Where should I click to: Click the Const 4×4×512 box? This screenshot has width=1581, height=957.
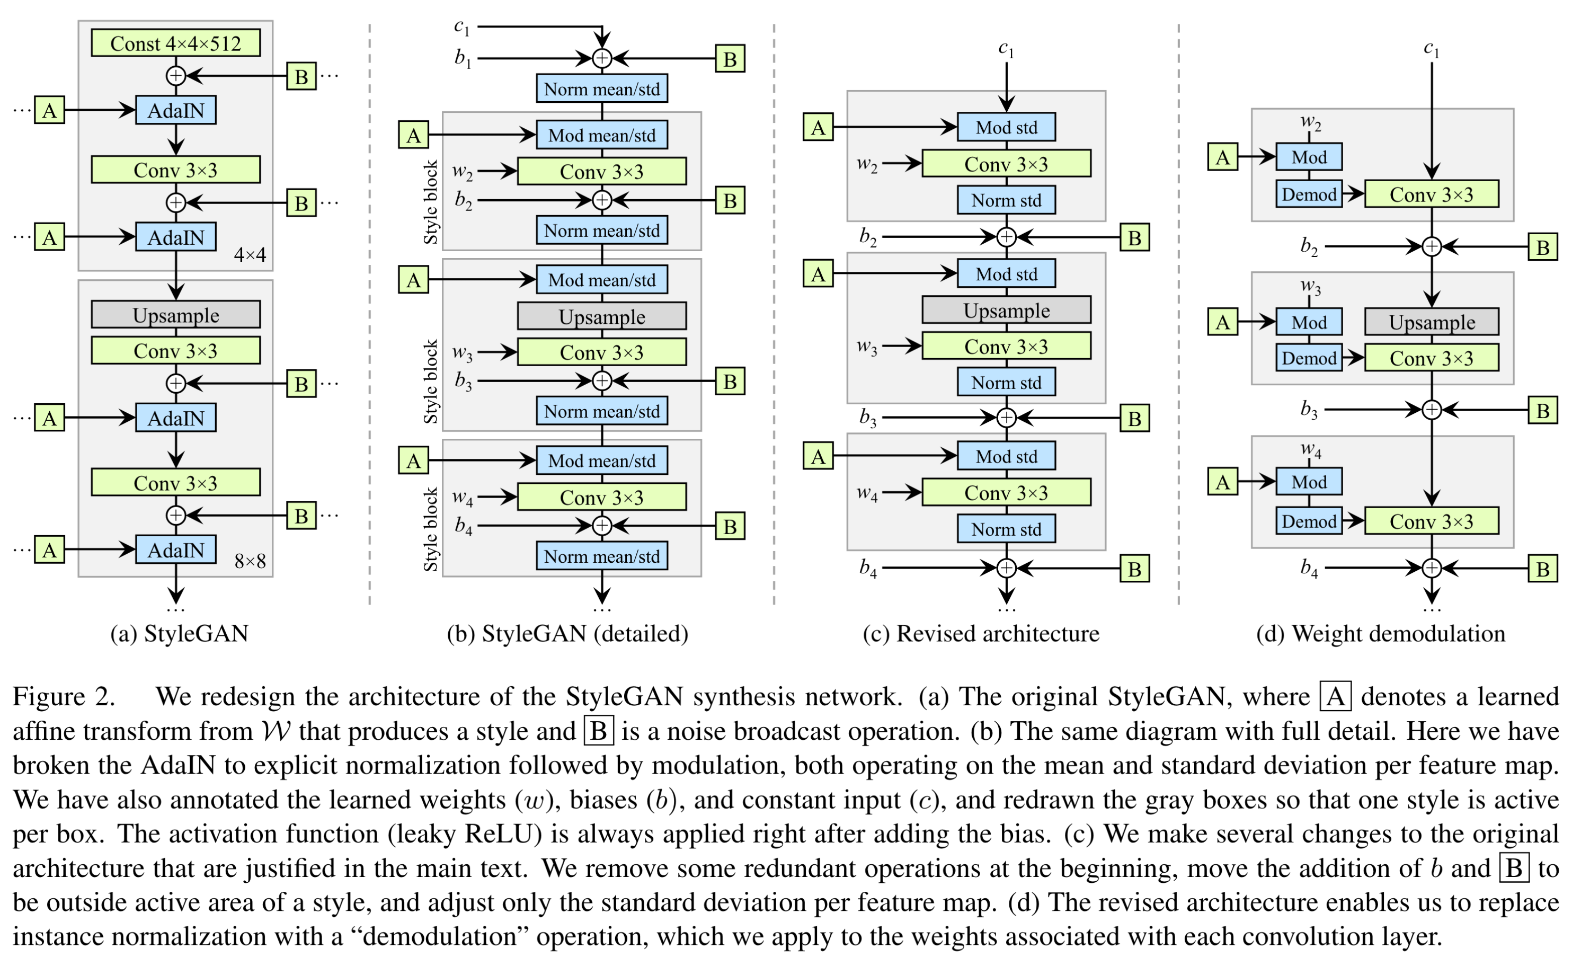pos(176,43)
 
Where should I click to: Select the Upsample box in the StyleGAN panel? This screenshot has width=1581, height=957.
pos(176,315)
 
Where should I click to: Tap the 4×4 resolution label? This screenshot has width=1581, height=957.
pos(250,255)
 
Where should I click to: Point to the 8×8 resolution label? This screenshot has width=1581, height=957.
pos(250,562)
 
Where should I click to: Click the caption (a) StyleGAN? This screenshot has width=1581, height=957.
pos(179,634)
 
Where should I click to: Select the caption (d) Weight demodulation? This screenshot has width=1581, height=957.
pos(1380,634)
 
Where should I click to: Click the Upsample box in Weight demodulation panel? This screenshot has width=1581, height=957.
pos(1432,322)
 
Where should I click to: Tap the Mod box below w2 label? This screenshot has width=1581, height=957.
pos(1309,157)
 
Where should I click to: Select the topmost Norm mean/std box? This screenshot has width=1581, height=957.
pos(602,88)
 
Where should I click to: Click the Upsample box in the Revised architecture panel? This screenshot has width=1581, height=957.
pos(1006,310)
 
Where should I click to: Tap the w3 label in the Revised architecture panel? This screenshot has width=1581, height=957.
pos(867,347)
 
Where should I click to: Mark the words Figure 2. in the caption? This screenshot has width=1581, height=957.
pos(64,697)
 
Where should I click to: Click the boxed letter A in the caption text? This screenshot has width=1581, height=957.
pos(1335,697)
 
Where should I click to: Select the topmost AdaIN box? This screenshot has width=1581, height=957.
pos(176,110)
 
